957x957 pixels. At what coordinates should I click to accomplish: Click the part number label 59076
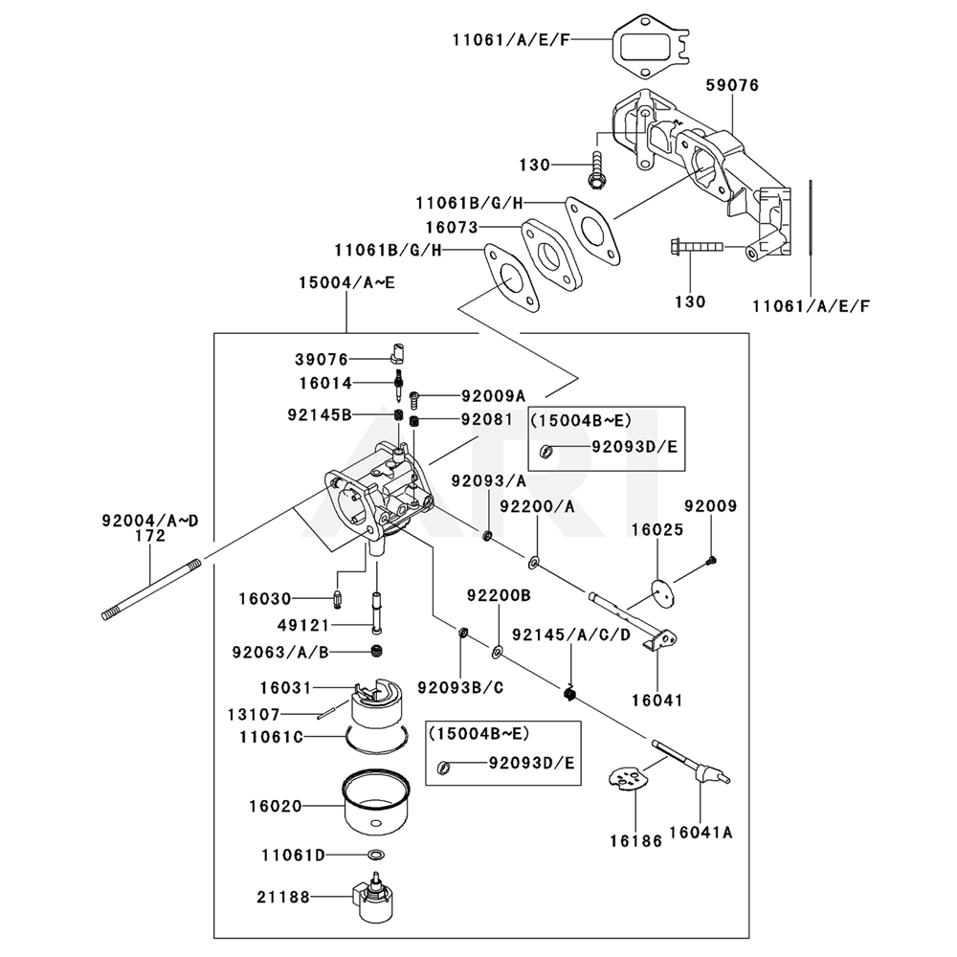[x=732, y=86]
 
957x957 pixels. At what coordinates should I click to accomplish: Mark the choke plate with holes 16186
[x=628, y=779]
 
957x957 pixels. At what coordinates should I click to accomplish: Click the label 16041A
[x=701, y=833]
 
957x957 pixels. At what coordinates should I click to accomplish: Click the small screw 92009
[x=711, y=560]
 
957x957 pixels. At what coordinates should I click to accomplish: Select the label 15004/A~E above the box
[x=345, y=284]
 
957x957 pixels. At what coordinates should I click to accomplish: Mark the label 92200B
[x=499, y=595]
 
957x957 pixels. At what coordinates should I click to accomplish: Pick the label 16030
[x=265, y=598]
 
